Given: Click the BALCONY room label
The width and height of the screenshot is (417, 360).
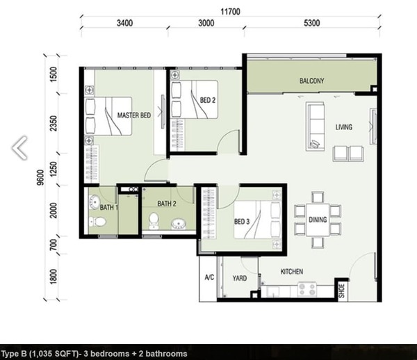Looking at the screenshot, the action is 311,81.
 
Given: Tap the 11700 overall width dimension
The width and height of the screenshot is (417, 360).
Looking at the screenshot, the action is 230,12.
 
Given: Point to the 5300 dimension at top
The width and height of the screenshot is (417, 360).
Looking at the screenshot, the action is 311,23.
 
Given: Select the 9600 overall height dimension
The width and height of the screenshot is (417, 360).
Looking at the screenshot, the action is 40,177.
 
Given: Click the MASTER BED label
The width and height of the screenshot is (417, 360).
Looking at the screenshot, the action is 134,115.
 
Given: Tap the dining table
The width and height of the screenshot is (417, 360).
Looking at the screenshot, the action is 318,220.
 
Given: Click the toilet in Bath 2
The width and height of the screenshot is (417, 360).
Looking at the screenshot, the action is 154,221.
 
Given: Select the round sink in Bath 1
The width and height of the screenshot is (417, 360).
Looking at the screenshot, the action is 94,202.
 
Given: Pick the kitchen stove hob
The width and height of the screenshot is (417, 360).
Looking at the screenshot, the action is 307,289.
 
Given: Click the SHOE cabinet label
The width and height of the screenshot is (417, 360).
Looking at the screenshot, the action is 342,291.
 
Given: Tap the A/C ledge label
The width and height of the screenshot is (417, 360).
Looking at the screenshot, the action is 209,277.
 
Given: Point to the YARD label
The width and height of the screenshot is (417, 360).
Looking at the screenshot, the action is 240,278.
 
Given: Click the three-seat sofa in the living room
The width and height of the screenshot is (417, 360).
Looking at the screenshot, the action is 315,126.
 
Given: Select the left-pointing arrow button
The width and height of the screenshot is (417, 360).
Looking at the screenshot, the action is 19,148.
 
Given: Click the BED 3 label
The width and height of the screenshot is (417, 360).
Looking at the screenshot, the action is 242,222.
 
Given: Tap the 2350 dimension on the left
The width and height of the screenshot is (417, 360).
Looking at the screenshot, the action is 54,124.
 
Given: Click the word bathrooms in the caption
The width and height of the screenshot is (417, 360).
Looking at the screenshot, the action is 167,354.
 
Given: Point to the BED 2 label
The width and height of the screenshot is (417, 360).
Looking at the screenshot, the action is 208,100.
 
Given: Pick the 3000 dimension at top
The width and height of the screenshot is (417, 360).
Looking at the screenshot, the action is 206,23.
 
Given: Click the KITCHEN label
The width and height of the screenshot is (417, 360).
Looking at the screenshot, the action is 292,272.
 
